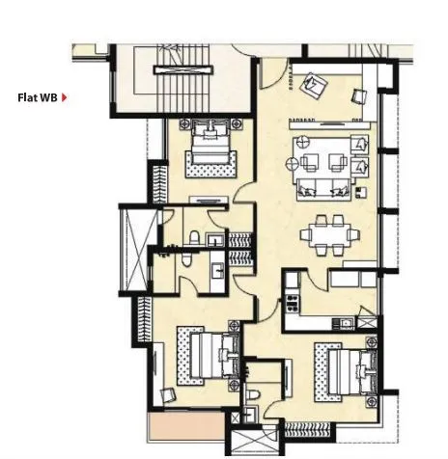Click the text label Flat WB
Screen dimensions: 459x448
tap(37, 96)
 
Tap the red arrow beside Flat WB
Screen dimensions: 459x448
tap(65, 96)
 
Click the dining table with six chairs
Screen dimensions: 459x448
tap(326, 234)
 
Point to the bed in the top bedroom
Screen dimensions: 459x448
tap(208, 146)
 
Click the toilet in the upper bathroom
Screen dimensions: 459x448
tap(193, 236)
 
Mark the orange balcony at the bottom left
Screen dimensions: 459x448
tap(182, 428)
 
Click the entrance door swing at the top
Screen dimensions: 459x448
tap(273, 72)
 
